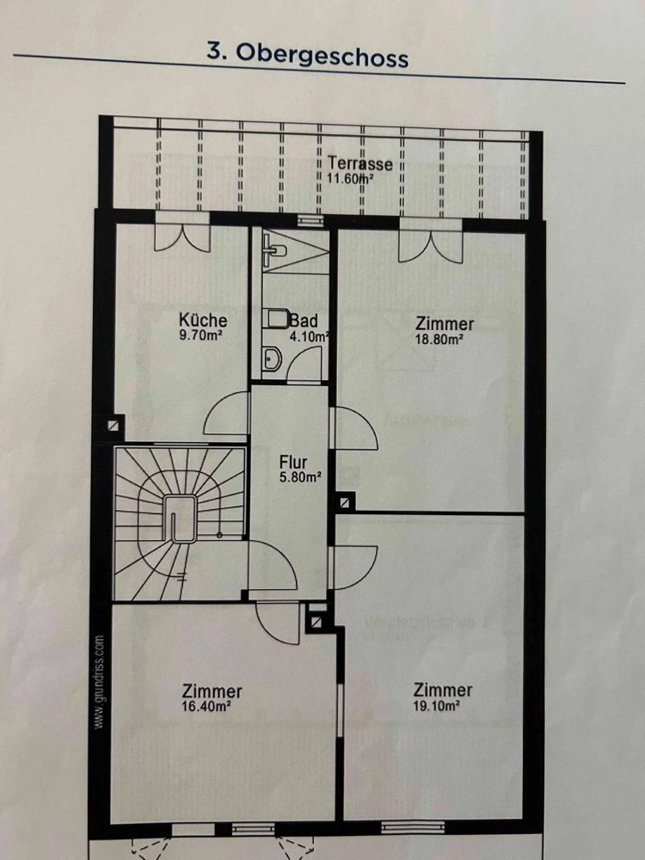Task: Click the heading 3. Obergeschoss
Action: [x=308, y=55]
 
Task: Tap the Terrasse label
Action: [x=360, y=163]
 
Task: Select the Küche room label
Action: [x=203, y=320]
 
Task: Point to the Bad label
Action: [x=304, y=320]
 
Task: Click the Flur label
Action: [x=293, y=463]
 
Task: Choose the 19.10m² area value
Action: [x=436, y=705]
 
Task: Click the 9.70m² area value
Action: [x=200, y=335]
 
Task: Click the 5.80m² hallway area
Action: [x=300, y=477]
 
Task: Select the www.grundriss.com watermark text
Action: [x=99, y=682]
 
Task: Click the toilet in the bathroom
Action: [x=273, y=319]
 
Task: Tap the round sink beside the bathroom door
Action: [x=272, y=359]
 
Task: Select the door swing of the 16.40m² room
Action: [x=279, y=623]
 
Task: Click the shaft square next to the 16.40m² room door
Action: [x=316, y=622]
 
